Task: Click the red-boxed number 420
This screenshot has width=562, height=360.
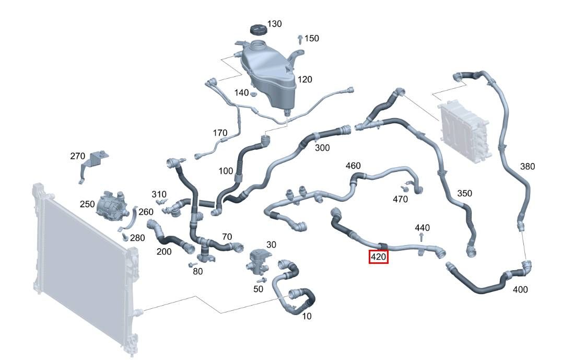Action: point(379,257)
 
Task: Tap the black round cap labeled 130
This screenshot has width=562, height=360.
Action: point(257,29)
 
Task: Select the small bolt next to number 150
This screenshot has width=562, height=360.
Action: point(300,39)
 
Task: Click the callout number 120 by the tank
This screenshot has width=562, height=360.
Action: point(305,79)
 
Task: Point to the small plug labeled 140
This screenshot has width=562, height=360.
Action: point(253,94)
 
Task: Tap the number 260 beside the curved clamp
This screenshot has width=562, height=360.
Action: point(146,212)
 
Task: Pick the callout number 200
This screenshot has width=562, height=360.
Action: point(164,252)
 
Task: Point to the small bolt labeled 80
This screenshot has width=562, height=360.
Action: point(191,265)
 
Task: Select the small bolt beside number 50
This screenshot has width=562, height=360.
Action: point(262,280)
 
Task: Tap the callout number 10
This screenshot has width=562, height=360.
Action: point(307,316)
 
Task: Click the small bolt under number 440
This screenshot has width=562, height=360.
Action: point(422,237)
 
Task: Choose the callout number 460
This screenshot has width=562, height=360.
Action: point(353,166)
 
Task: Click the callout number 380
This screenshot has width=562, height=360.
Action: point(528,166)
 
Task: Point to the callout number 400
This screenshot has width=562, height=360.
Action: point(520,289)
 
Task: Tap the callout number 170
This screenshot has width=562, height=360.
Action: point(220,133)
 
